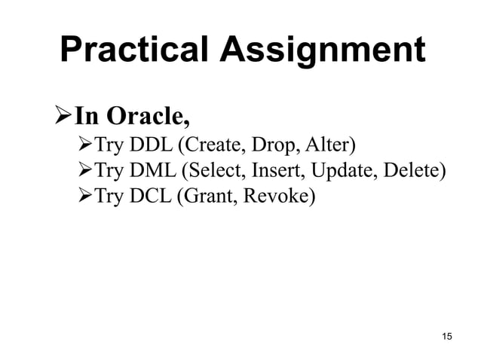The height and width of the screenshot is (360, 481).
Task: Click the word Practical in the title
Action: [135, 50]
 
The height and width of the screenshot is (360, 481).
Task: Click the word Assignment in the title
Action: [323, 50]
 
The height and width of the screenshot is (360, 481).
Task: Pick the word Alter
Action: [326, 145]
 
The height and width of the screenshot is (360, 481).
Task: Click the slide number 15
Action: [446, 336]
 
